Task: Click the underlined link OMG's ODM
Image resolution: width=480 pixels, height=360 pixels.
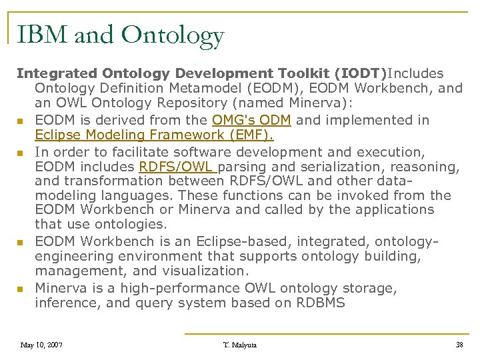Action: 251,120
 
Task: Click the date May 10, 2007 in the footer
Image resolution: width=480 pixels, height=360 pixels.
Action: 41,345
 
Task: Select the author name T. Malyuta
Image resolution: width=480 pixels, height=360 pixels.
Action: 240,345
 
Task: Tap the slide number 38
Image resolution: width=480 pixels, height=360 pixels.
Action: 459,345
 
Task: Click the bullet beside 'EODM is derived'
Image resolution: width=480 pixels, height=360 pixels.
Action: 21,121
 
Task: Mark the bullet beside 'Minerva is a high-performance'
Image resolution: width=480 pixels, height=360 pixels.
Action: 21,289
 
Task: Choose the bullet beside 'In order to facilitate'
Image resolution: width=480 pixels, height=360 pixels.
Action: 21,153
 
